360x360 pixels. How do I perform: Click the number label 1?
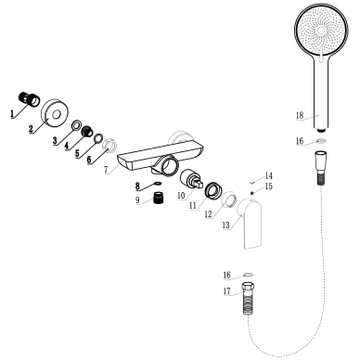[x=12, y=116]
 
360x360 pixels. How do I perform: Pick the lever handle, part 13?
[x=253, y=226]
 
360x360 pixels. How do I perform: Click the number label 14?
[x=269, y=175]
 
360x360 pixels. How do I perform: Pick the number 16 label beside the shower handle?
[x=299, y=140]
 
